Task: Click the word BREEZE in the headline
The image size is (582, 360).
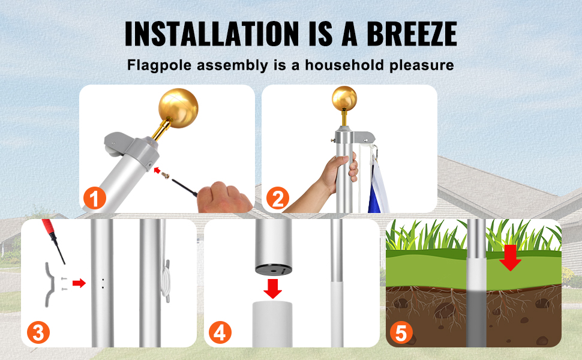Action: pos(412,34)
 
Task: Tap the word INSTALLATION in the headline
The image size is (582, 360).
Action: pos(212,34)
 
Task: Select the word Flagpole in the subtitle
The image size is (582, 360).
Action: pos(160,65)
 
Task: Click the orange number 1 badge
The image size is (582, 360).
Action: pos(94,198)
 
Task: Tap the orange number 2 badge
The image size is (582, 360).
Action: pos(278,198)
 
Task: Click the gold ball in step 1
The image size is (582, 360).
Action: pos(178,108)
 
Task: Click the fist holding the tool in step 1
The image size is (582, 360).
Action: pos(223,197)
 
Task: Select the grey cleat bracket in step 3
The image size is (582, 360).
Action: pos(50,284)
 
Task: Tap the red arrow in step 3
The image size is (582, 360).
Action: pos(79,284)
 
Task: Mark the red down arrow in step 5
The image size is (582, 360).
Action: pos(510,257)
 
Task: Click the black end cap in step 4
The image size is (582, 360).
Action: pos(273,270)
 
